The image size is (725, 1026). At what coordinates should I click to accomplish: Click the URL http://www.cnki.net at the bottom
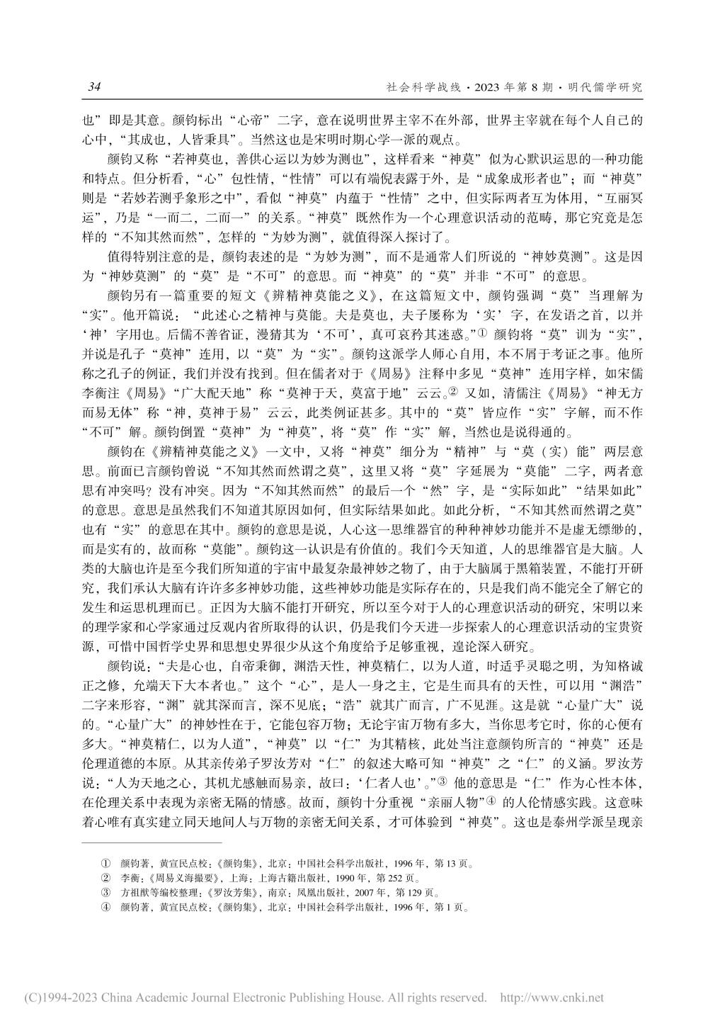point(552,998)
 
